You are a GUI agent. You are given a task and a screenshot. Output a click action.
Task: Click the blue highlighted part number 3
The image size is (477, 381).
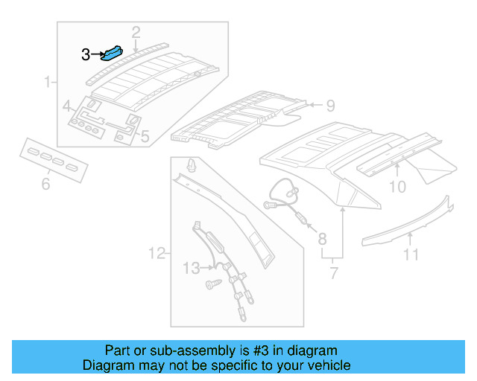coord(116,54)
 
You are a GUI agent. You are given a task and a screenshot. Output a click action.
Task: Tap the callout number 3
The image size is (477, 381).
coord(86,54)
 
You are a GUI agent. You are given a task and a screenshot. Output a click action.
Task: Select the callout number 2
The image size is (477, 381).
coord(136,31)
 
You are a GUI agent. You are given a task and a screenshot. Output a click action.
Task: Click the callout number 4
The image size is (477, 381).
coord(66,105)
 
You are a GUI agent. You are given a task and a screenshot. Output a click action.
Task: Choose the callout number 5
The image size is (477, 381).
coord(145,136)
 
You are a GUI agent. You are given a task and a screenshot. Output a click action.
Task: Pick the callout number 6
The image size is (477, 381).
coord(45,183)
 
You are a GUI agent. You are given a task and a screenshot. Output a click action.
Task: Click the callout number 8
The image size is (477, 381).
coord(322,239)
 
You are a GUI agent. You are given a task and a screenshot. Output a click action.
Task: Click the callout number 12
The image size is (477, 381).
coord(156,254)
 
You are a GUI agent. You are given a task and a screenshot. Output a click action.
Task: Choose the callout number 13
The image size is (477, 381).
coord(191,266)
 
